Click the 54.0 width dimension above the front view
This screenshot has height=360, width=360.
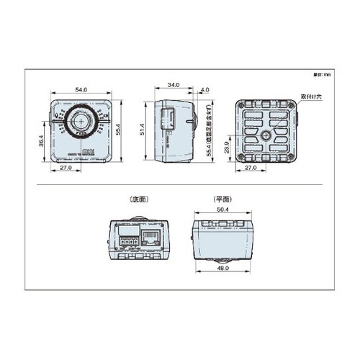point(81,89)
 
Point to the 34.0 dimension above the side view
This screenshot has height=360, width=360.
point(173,86)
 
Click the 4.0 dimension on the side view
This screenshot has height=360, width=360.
point(206,90)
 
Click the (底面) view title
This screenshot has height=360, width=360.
point(138,199)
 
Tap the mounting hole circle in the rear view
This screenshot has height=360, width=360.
point(266,135)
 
